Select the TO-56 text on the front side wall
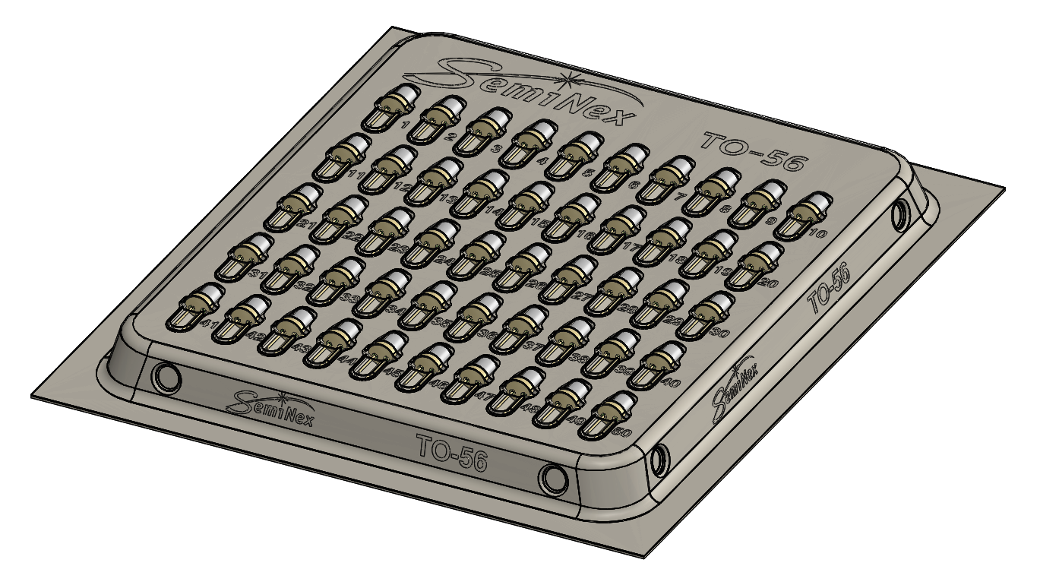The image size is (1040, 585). point(451,452)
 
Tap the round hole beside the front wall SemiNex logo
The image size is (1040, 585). point(166,375)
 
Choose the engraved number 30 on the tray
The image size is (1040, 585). point(721,332)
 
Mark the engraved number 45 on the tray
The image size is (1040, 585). point(393,372)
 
